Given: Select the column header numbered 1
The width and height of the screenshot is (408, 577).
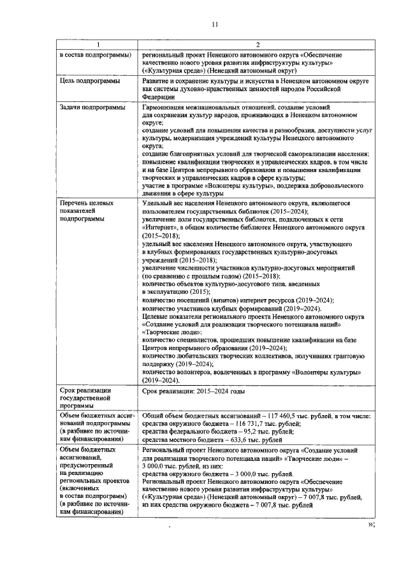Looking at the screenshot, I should click(98, 45).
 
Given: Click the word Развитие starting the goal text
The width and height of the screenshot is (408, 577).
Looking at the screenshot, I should click(157, 82).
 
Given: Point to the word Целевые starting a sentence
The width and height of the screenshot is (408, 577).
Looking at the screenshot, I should click(156, 316).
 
